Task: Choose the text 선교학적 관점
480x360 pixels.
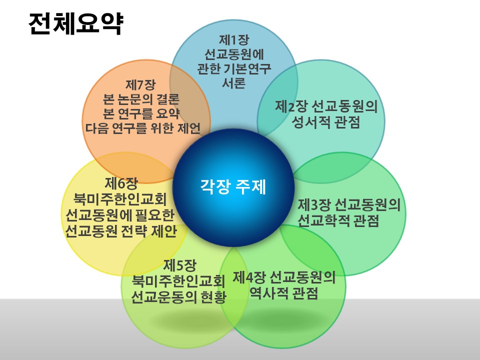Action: tap(338, 220)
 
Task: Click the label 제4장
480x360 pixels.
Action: tap(250, 278)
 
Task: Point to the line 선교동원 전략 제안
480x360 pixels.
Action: tap(121, 231)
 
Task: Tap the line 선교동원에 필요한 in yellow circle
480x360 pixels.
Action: tap(120, 215)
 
